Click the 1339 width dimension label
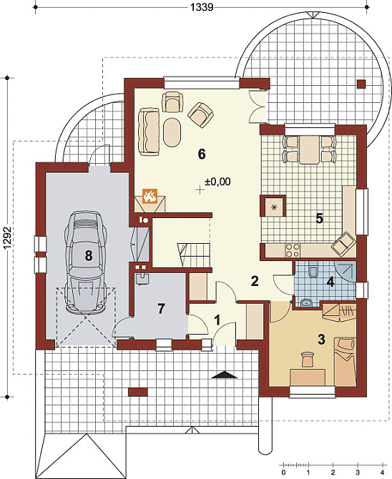tap(202, 6)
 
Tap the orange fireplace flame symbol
tap(150, 195)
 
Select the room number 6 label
tap(202, 154)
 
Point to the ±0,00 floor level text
tap(217, 182)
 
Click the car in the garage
tap(86, 262)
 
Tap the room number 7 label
tap(161, 309)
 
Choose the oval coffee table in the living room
tap(172, 132)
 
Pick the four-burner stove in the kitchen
tap(292, 250)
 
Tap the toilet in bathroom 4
tap(313, 270)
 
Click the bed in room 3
tap(346, 360)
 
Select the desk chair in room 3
tap(308, 358)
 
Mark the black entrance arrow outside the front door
tap(224, 375)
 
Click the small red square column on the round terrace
tap(361, 84)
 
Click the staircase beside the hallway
tap(194, 255)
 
